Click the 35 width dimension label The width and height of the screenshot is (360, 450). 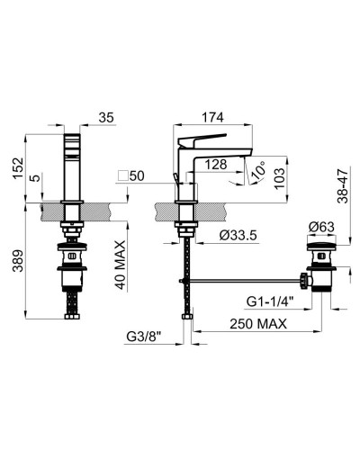click(x=106, y=118)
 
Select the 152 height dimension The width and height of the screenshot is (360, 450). click(x=18, y=168)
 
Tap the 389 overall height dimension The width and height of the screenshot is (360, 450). click(x=18, y=261)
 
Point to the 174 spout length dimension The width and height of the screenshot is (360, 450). click(x=212, y=117)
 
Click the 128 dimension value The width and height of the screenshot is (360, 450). click(x=216, y=165)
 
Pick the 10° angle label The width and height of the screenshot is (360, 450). click(x=258, y=169)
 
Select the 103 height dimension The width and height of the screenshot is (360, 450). click(x=279, y=178)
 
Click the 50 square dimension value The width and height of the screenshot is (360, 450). click(x=137, y=176)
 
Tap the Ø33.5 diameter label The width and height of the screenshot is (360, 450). click(x=238, y=235)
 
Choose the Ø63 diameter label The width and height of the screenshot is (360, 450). click(x=321, y=227)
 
